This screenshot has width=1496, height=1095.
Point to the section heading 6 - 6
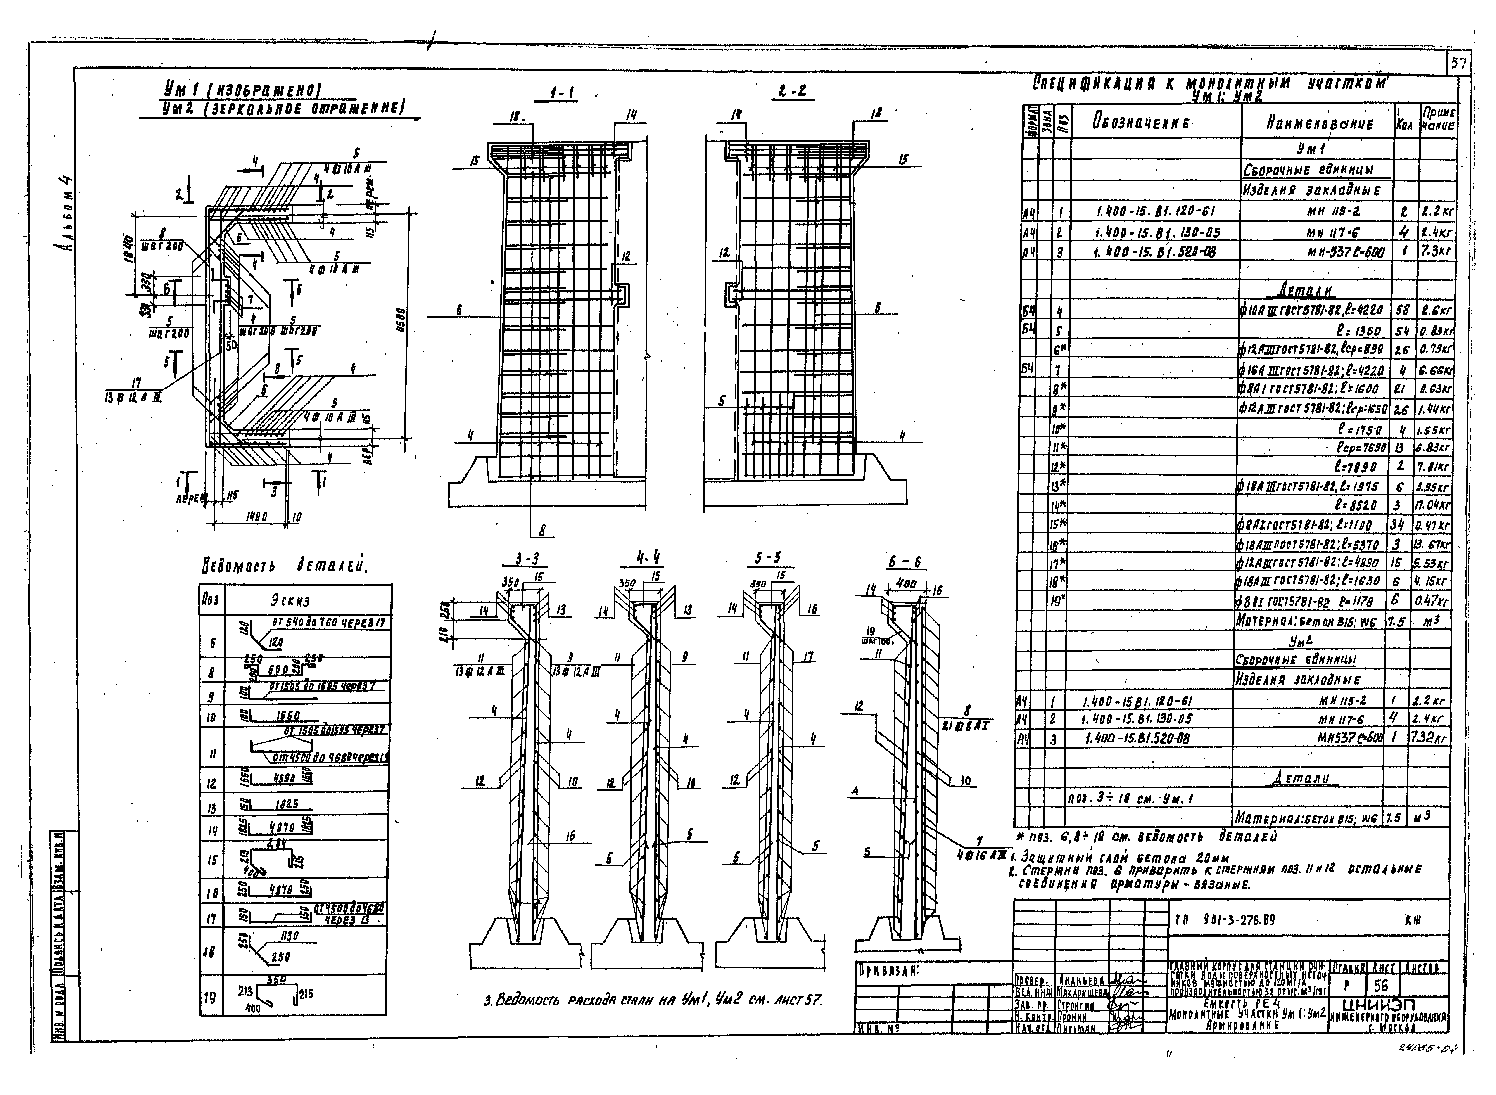[x=905, y=562]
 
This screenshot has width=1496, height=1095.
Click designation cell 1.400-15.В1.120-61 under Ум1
[x=1156, y=212]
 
